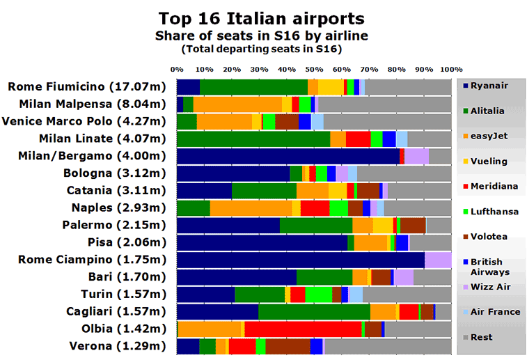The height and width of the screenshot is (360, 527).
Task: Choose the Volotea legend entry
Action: click(x=489, y=236)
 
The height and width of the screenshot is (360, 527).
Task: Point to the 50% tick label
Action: click(x=314, y=70)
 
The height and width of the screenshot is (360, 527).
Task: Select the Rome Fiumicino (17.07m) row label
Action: click(x=86, y=87)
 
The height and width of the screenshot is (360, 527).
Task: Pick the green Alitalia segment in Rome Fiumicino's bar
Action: click(x=253, y=87)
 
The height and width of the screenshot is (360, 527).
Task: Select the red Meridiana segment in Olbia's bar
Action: click(x=303, y=329)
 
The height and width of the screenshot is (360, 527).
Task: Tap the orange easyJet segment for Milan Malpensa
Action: click(x=237, y=104)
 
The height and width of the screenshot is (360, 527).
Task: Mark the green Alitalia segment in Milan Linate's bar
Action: click(x=253, y=139)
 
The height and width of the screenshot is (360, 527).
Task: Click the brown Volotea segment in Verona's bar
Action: click(x=288, y=346)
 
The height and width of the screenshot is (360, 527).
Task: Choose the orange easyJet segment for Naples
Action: click(x=251, y=208)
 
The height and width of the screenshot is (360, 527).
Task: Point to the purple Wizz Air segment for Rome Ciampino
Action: click(x=438, y=260)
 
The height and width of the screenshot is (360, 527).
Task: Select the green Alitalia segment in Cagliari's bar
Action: click(x=314, y=311)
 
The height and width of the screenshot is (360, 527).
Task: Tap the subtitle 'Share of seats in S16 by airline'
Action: click(x=261, y=35)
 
